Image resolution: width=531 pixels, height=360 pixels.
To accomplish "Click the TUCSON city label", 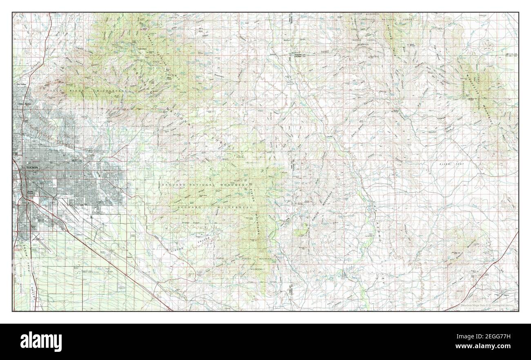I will pyautogui.click(x=32, y=167).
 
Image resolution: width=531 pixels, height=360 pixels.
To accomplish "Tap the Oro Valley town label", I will pyautogui.click(x=21, y=84).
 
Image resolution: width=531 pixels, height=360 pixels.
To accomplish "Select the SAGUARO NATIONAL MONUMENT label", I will pyautogui.click(x=205, y=185).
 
